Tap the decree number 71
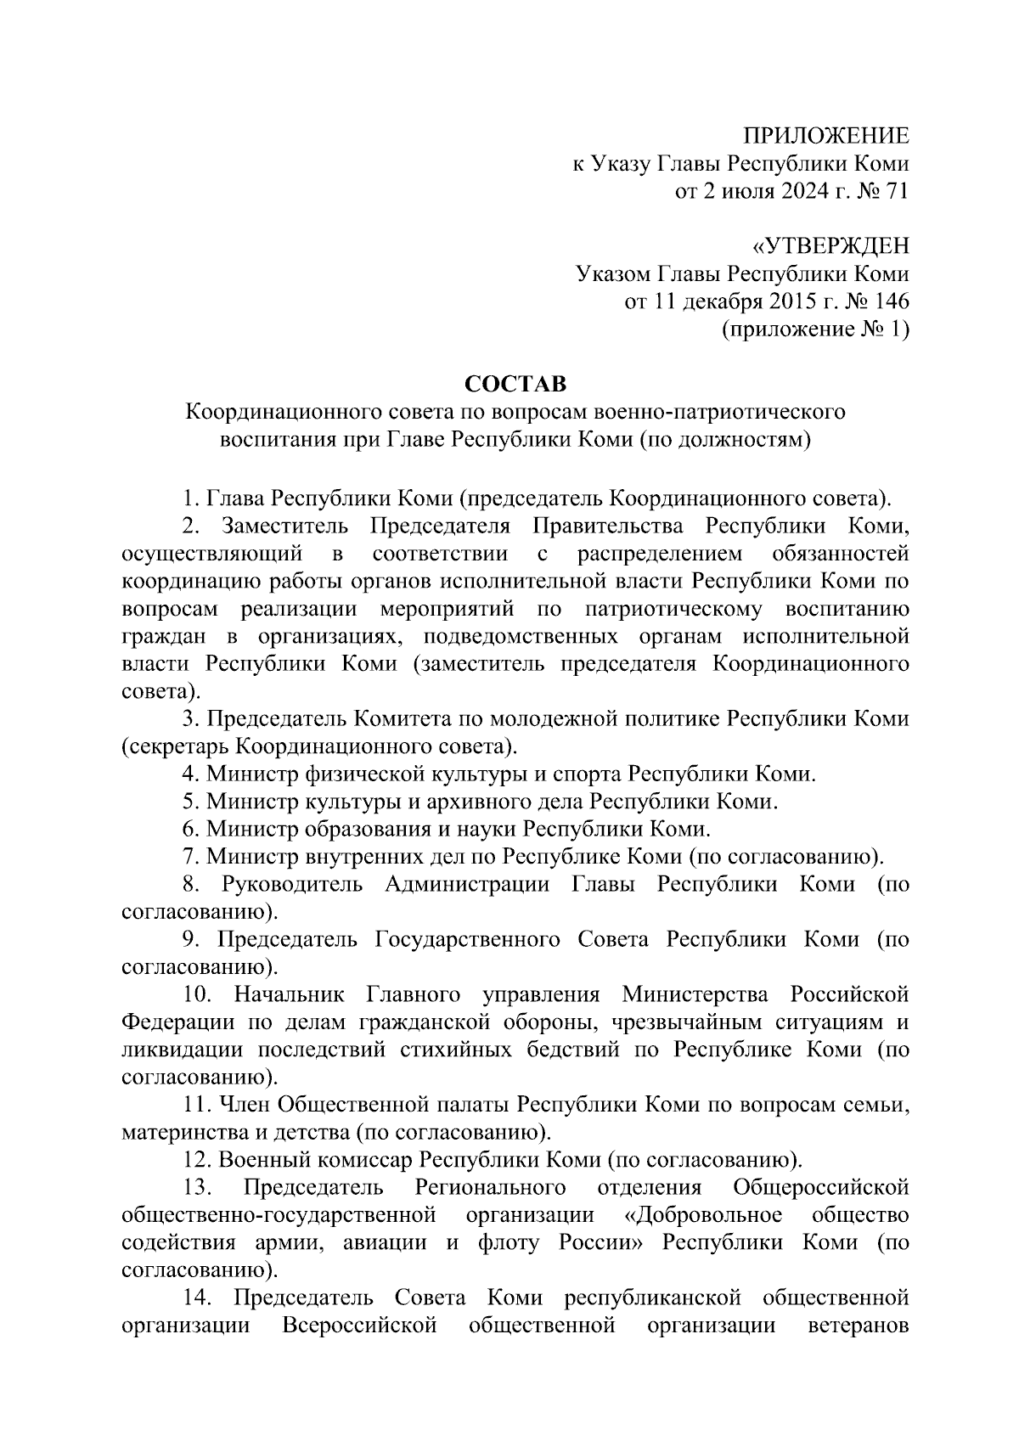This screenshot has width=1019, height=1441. tap(897, 192)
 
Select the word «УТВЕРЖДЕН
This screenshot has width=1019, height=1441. tap(830, 247)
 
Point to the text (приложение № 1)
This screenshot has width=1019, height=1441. tap(814, 329)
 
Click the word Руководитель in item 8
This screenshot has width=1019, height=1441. tap(292, 885)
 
